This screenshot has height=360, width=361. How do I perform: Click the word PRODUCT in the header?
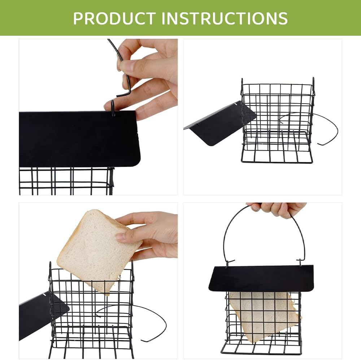[x=114, y=18]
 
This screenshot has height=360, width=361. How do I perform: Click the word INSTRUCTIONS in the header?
[x=225, y=18]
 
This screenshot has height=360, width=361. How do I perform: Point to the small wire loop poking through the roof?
[x=113, y=108]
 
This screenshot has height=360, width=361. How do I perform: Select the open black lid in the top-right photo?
[x=220, y=123]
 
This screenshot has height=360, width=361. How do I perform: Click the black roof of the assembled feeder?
[x=261, y=278]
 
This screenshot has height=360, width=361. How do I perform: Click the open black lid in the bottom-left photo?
[x=43, y=315]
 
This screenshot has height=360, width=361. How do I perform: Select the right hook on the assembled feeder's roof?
[x=300, y=263]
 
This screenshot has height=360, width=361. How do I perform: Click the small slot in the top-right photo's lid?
[x=235, y=104]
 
